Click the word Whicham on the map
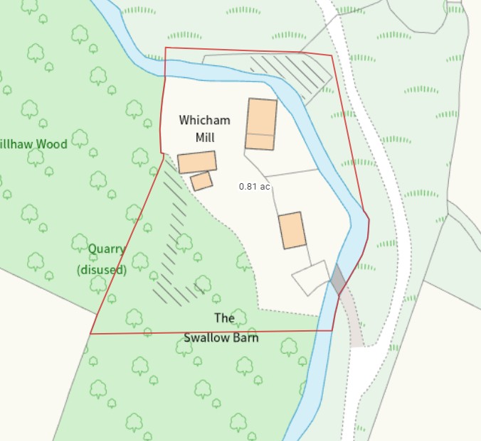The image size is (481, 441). (x=205, y=120)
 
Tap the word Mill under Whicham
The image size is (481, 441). (x=205, y=137)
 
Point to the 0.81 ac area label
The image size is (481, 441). (x=254, y=186)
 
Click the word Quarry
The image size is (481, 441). (x=107, y=249)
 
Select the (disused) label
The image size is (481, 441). (x=102, y=270)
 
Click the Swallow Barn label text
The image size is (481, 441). (x=221, y=337)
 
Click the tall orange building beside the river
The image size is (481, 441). (x=261, y=124)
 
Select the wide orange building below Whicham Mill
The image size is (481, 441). (x=197, y=162)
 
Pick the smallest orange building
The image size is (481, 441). (x=201, y=181)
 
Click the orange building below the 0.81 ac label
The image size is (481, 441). (x=292, y=230)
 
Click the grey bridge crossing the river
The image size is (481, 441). (x=337, y=278)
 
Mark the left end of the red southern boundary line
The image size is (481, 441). (x=91, y=333)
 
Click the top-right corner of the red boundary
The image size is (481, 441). (x=332, y=54)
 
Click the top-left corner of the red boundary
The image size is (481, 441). (x=166, y=48)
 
